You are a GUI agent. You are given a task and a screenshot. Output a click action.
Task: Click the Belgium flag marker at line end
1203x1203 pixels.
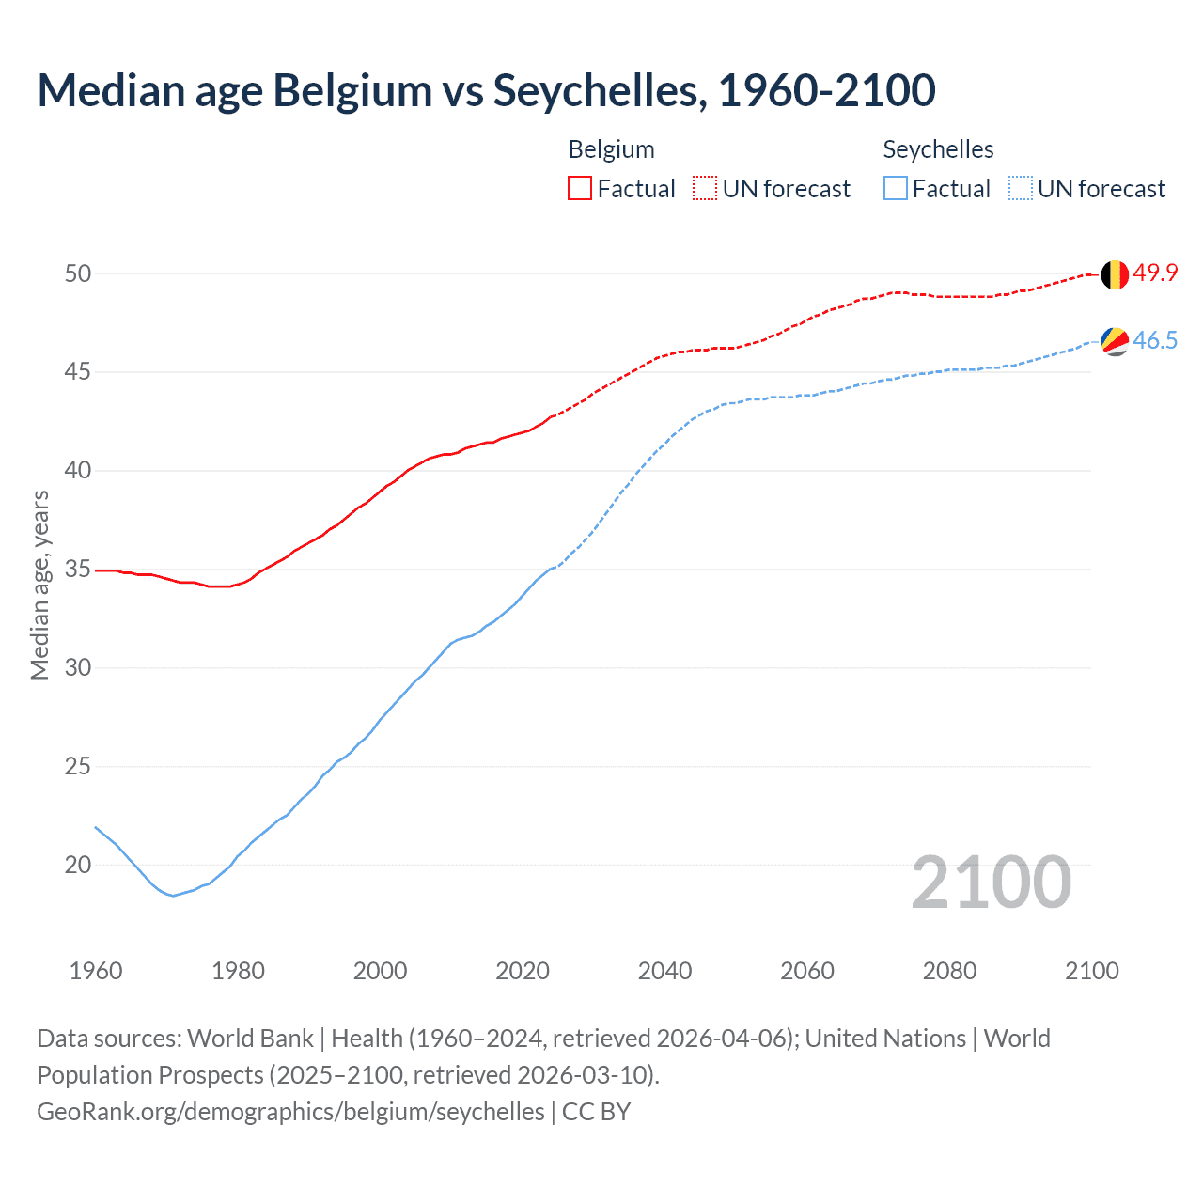tap(1114, 274)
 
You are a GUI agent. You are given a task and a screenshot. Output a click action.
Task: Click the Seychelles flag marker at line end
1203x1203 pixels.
tap(1114, 341)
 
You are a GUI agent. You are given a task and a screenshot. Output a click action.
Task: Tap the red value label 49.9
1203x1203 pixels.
tap(1155, 273)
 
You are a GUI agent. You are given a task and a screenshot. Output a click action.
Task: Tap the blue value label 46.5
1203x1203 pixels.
tap(1155, 340)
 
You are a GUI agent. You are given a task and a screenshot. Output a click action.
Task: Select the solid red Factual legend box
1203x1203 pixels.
tap(580, 189)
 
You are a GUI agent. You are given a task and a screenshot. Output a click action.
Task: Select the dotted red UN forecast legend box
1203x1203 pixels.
tap(705, 189)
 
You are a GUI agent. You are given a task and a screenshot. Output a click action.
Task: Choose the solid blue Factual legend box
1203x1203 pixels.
tap(896, 189)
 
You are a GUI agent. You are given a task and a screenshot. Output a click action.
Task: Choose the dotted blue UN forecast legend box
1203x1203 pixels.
tap(1020, 189)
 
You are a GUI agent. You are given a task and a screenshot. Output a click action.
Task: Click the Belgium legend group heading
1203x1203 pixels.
tap(611, 149)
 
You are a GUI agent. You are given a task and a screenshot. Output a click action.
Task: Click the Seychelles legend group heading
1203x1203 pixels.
tap(938, 149)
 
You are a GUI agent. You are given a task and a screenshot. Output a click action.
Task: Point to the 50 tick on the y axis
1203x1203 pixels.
tap(78, 273)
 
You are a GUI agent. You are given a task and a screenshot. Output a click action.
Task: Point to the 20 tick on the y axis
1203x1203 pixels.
tap(78, 865)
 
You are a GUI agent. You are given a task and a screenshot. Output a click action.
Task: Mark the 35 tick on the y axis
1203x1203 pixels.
tap(78, 570)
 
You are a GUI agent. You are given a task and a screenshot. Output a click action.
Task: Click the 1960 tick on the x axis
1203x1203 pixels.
tap(96, 971)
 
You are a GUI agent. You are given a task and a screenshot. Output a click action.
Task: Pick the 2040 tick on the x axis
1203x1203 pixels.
tap(664, 971)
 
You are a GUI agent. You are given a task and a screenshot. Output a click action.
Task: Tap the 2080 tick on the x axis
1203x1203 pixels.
tap(949, 971)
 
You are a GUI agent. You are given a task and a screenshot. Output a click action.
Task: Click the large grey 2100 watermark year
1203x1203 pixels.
tap(991, 883)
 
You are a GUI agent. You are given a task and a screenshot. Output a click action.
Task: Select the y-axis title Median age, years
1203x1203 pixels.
tap(39, 585)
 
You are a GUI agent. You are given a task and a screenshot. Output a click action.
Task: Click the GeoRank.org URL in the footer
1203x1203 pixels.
tap(290, 1112)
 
